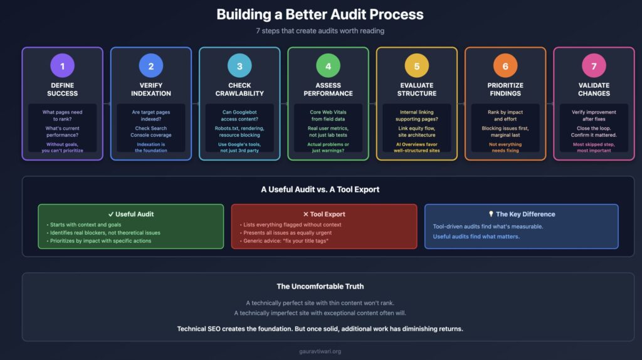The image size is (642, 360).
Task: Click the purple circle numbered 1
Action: [62, 65]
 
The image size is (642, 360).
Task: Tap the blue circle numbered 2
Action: [151, 65]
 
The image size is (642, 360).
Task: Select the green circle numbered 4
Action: [328, 65]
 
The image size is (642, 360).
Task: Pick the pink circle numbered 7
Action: [594, 65]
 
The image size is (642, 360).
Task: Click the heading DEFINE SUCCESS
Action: [62, 89]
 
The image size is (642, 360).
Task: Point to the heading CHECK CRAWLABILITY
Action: [239, 89]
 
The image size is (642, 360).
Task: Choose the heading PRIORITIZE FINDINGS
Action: [505, 89]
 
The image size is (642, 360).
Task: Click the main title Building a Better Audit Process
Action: [320, 14]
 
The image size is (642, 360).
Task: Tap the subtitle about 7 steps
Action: [320, 31]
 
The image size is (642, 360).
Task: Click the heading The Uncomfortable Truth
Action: [328, 287]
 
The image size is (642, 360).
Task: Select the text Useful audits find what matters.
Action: [476, 236]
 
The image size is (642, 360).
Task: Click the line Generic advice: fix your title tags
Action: [285, 241]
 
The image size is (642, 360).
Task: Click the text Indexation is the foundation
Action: [151, 147]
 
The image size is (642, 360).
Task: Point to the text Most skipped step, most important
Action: [594, 147]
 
